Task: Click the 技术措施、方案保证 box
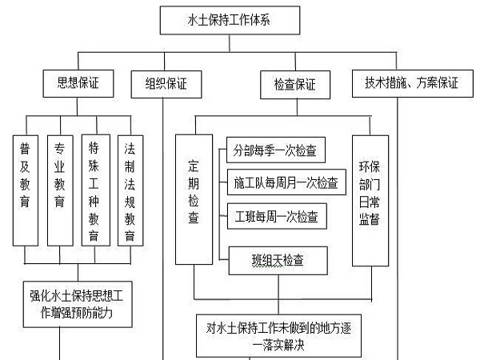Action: pos(411,82)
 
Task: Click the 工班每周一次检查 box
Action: pos(275,216)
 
